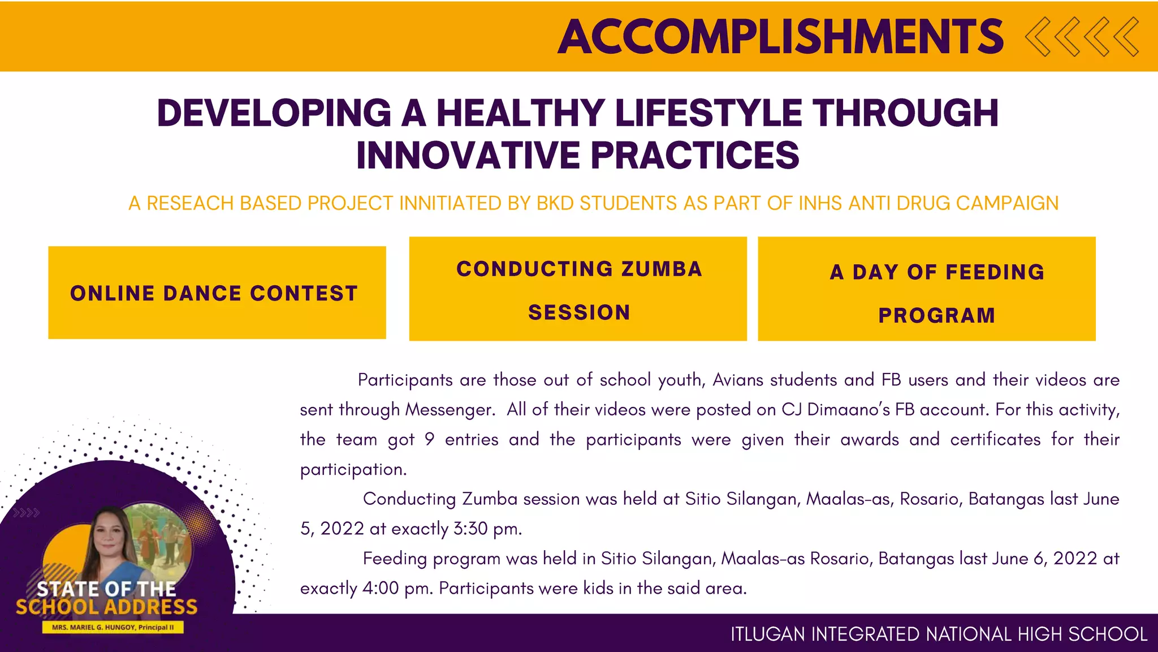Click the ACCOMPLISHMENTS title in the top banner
(x=780, y=37)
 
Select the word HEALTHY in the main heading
(x=520, y=113)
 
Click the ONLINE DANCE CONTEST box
(x=217, y=293)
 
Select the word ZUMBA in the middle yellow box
(x=662, y=269)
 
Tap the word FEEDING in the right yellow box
(x=995, y=272)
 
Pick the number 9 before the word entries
(x=429, y=439)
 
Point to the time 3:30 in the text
(x=470, y=529)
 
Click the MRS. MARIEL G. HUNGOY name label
(x=113, y=627)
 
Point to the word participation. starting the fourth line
(x=353, y=469)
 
